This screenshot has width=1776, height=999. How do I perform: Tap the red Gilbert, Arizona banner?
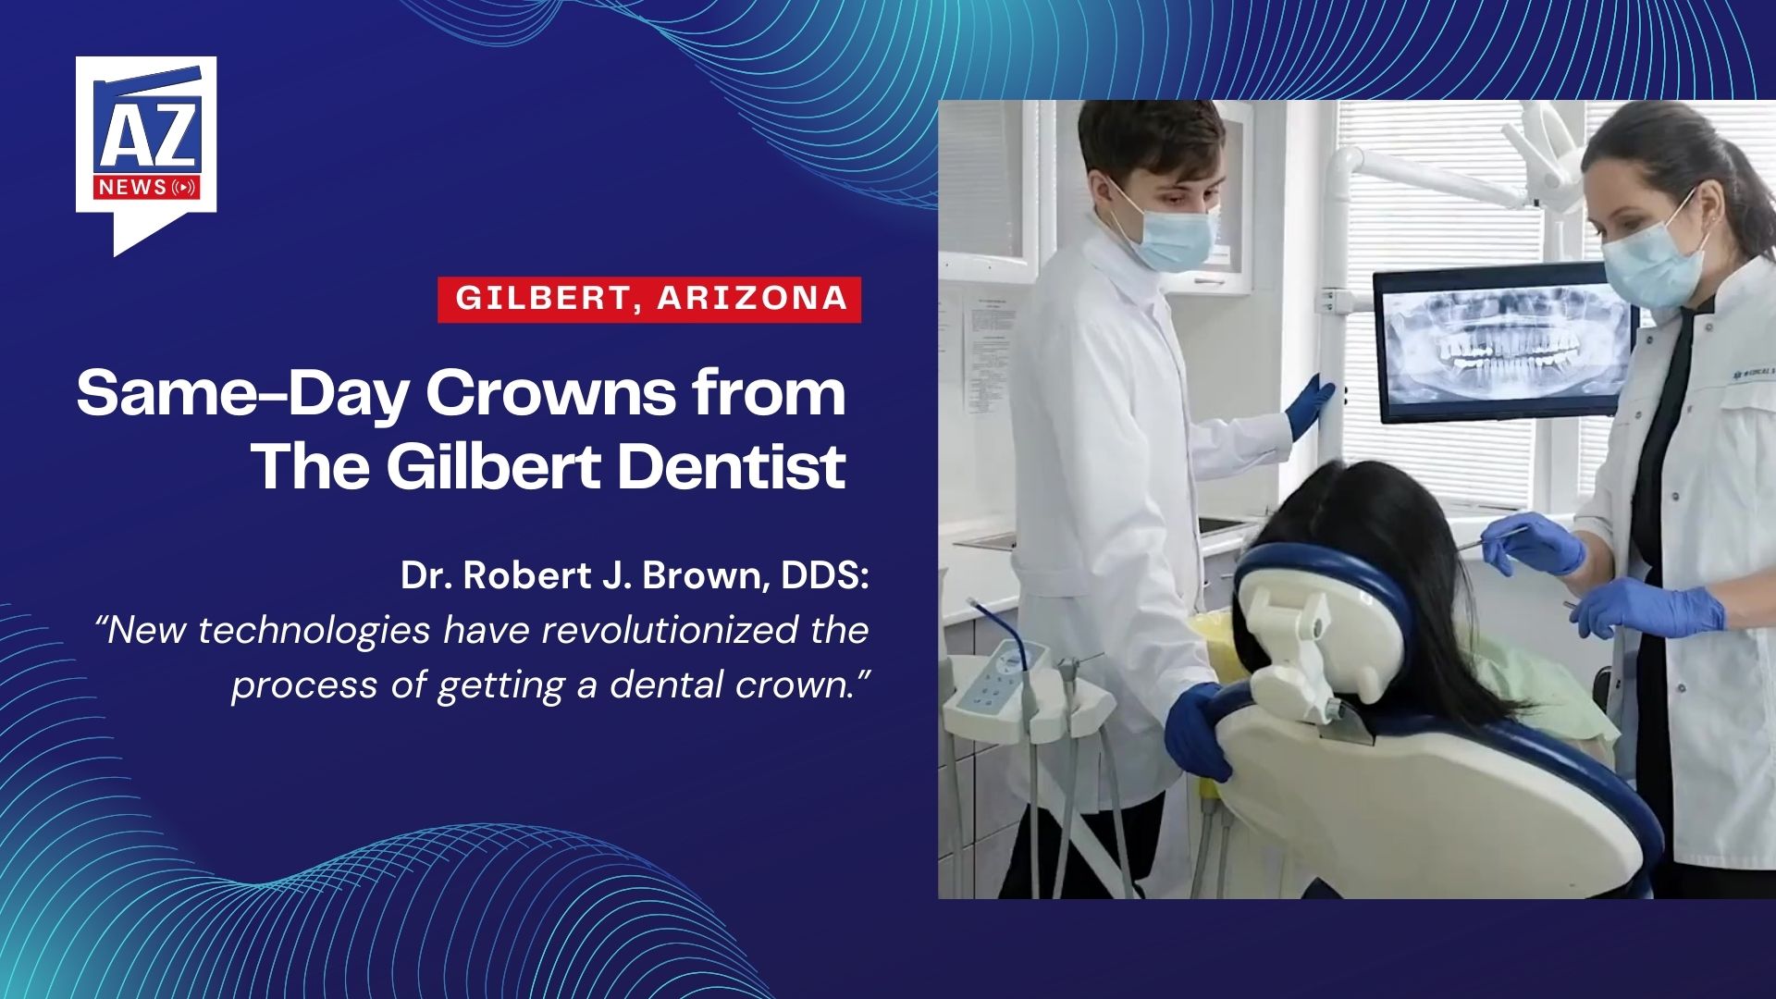pos(649,299)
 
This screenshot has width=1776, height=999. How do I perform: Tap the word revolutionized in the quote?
pos(670,630)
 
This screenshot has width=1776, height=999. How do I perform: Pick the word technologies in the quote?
pos(314,632)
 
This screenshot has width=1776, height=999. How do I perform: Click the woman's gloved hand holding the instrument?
pos(1540,546)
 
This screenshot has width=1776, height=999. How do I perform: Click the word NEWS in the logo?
pos(131,188)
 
